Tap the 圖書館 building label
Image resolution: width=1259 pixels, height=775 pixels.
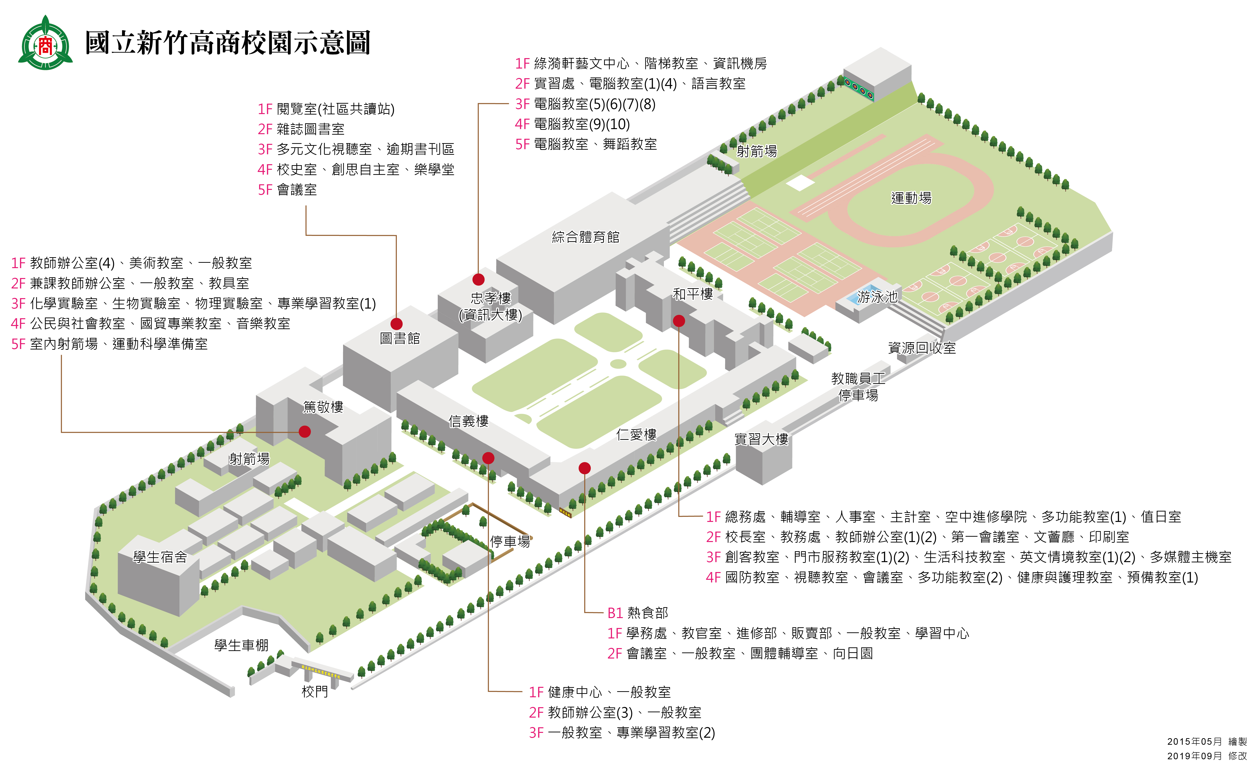(x=400, y=338)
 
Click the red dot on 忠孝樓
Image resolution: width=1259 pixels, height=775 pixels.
(x=478, y=279)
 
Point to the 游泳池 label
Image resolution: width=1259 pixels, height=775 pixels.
(x=877, y=297)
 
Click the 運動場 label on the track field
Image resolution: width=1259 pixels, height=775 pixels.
(x=911, y=198)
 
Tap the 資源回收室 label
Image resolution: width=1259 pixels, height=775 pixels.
(x=921, y=348)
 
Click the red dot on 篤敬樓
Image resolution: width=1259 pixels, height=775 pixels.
(x=304, y=432)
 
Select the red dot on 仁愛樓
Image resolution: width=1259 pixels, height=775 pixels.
(x=584, y=468)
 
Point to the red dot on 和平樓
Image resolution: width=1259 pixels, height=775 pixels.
(x=678, y=321)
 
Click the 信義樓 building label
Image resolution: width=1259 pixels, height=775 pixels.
(x=468, y=421)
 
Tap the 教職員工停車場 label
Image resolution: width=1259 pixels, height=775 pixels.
(x=858, y=387)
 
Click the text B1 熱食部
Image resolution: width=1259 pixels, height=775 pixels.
(x=637, y=613)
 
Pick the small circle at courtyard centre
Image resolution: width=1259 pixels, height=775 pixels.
(x=618, y=364)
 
